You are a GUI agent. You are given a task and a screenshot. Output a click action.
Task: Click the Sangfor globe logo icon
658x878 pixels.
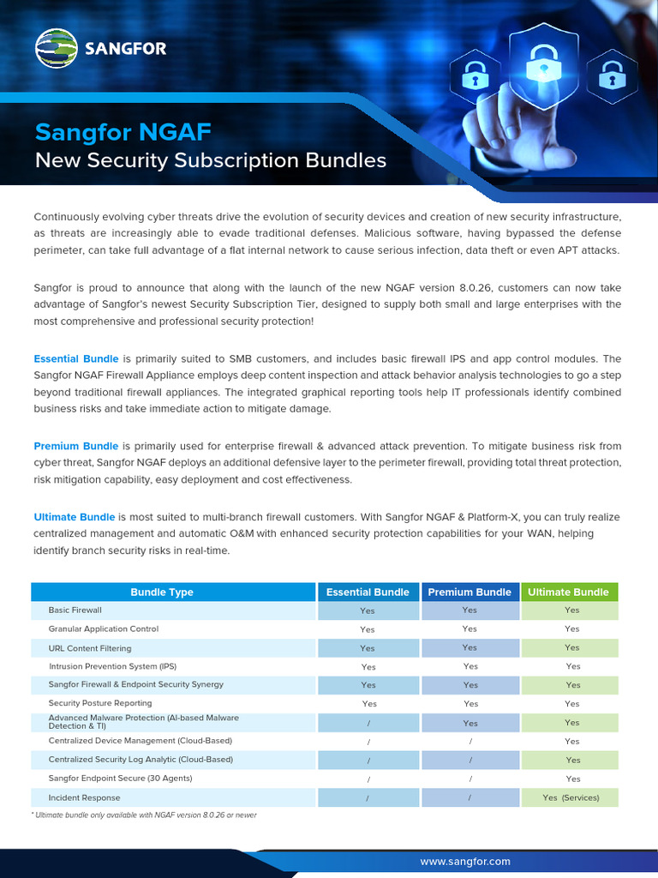point(56,48)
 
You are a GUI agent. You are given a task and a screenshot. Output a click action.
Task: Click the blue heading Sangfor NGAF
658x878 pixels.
point(123,132)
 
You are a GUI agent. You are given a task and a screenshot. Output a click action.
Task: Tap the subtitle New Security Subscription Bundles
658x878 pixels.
point(210,160)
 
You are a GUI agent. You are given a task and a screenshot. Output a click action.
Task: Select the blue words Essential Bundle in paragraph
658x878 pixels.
point(76,358)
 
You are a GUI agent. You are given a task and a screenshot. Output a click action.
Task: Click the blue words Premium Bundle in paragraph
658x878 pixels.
point(76,446)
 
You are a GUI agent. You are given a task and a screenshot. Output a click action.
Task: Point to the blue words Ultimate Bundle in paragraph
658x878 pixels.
point(74,517)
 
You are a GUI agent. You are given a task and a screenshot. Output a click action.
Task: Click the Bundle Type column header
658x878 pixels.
point(162,592)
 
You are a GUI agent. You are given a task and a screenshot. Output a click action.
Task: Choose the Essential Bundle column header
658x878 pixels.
point(368,592)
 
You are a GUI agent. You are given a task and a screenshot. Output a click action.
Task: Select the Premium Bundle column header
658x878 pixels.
point(470,592)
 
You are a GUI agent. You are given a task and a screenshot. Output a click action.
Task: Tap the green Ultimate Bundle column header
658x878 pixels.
point(568,592)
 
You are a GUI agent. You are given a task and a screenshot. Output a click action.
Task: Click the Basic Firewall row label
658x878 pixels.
point(75,610)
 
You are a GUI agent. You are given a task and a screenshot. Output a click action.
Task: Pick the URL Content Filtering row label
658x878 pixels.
point(90,648)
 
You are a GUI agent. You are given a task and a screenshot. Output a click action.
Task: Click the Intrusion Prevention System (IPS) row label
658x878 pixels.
point(112,666)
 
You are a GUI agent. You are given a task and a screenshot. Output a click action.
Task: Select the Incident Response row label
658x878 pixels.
point(84,797)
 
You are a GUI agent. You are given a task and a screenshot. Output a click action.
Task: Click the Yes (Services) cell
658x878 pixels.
point(571,797)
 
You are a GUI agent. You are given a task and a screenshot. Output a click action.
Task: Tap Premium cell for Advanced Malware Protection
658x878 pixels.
point(470,723)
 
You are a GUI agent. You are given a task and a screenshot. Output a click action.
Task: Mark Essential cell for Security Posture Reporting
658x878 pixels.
point(368,704)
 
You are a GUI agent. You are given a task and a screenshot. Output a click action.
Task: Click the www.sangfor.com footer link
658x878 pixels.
point(465,861)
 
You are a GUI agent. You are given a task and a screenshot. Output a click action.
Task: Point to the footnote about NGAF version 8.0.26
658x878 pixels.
point(144,815)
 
